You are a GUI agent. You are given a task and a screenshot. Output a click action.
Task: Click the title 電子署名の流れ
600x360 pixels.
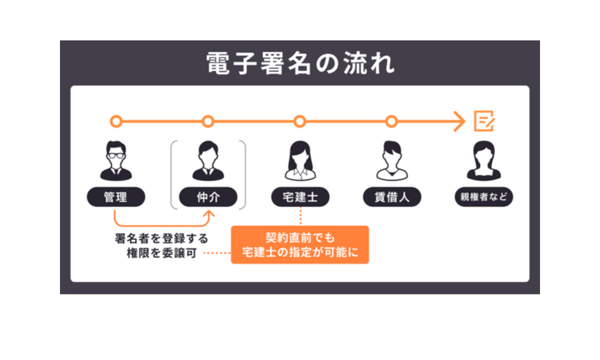point(299,62)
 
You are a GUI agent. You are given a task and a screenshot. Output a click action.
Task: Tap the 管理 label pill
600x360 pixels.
point(116,197)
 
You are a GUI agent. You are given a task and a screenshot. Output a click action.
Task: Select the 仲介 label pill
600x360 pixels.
point(208,197)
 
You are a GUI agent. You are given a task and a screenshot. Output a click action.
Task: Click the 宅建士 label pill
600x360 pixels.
point(299,197)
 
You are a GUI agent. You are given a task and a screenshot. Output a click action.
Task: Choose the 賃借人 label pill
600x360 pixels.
point(391,197)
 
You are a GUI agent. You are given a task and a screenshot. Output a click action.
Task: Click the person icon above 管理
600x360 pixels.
point(116,161)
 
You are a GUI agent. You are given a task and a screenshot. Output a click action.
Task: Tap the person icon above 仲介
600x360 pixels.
point(208,161)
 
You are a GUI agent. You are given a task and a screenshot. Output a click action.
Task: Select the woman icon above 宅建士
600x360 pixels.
point(299,161)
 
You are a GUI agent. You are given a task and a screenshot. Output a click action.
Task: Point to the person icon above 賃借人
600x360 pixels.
point(391,161)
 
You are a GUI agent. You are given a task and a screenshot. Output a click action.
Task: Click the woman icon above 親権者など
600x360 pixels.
point(483,161)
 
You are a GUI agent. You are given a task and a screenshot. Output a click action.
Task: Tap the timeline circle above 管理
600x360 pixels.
point(116,122)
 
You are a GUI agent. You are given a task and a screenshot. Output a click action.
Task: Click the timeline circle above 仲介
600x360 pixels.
point(208,122)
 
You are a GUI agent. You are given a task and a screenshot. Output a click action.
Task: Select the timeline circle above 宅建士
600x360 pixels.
point(299,122)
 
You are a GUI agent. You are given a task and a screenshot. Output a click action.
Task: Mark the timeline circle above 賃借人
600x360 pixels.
point(391,122)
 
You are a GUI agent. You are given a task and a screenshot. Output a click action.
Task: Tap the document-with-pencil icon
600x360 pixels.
point(483,121)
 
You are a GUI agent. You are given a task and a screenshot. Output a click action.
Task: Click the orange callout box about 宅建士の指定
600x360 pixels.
point(300,245)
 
